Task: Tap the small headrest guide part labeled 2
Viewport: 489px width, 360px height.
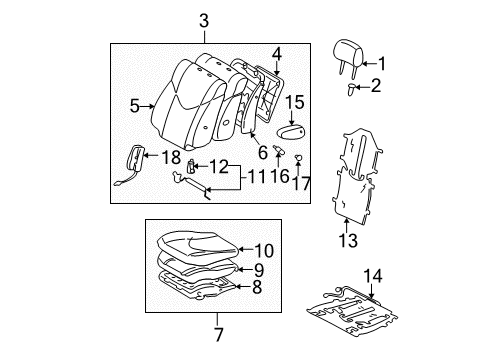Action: pyautogui.click(x=351, y=89)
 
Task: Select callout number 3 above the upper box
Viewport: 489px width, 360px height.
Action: pyautogui.click(x=204, y=21)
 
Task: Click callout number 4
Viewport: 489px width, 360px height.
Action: pyautogui.click(x=277, y=55)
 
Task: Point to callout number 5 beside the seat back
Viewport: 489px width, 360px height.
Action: pyautogui.click(x=135, y=106)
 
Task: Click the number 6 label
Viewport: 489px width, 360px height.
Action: pyautogui.click(x=263, y=153)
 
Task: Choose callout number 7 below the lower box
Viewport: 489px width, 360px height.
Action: pyautogui.click(x=218, y=334)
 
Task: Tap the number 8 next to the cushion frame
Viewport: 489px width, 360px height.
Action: pyautogui.click(x=257, y=287)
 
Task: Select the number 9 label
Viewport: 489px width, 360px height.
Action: pyautogui.click(x=259, y=270)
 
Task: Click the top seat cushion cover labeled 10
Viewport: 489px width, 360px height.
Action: pyautogui.click(x=198, y=244)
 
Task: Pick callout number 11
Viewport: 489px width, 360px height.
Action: pyautogui.click(x=256, y=177)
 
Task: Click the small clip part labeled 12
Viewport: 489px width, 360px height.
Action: pyautogui.click(x=191, y=166)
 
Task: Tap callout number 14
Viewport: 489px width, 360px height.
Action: pyautogui.click(x=373, y=276)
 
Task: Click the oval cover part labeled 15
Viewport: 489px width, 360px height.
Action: pyautogui.click(x=291, y=133)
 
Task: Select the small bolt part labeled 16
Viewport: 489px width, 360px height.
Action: pyautogui.click(x=279, y=150)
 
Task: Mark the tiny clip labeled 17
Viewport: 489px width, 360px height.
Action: pyautogui.click(x=298, y=158)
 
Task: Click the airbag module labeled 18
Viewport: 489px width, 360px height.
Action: pyautogui.click(x=135, y=160)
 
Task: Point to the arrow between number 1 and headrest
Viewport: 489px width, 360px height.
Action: pyautogui.click(x=370, y=63)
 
